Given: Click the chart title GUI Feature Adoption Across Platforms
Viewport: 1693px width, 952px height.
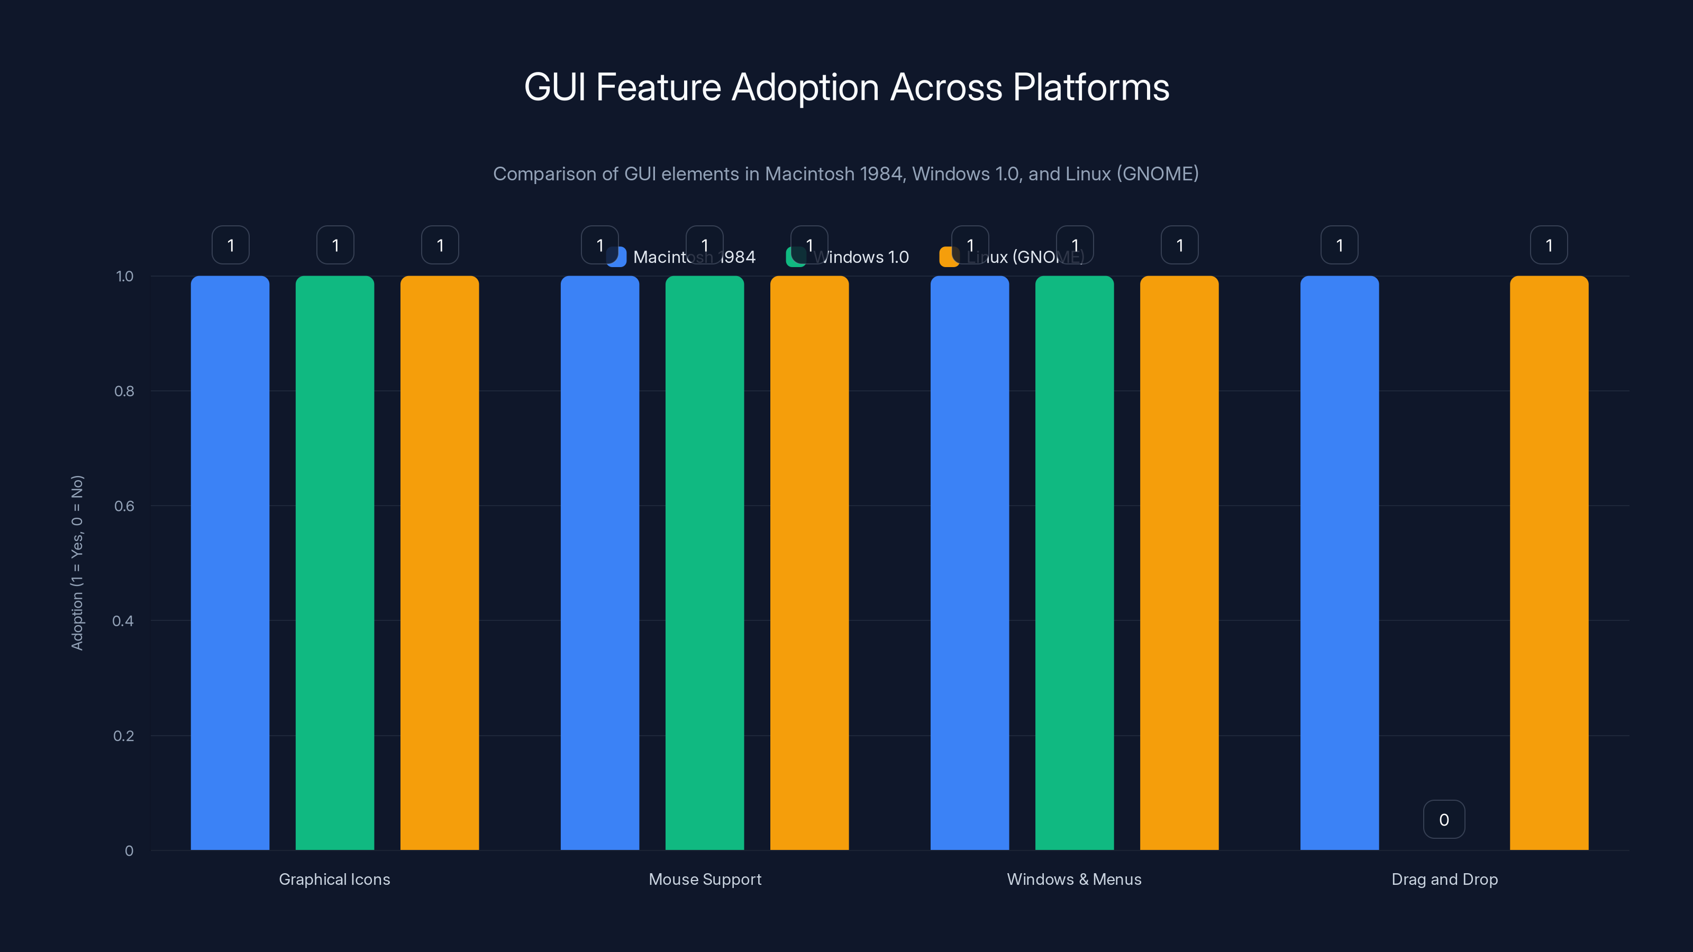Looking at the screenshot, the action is [x=846, y=87].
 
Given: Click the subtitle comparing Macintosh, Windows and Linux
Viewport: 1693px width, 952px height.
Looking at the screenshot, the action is [x=846, y=173].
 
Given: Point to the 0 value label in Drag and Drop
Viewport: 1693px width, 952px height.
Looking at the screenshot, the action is [x=1444, y=819].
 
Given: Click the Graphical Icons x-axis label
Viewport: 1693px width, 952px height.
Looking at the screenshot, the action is [x=334, y=879].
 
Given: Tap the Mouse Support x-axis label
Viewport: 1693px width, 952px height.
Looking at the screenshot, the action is [x=705, y=879].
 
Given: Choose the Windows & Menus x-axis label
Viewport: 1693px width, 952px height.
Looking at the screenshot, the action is [x=1074, y=879].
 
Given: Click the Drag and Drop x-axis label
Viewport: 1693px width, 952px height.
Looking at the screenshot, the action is [x=1444, y=879].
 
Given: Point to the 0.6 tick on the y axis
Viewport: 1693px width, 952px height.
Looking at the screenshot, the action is [x=124, y=506].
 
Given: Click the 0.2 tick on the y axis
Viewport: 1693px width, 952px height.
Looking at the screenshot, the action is [x=124, y=736].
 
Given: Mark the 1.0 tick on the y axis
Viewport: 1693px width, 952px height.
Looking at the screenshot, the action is [x=124, y=277].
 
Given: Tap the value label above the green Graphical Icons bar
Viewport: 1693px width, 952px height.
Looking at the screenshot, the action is [x=335, y=245].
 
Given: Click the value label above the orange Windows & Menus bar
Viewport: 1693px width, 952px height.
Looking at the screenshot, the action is [x=1180, y=245].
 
